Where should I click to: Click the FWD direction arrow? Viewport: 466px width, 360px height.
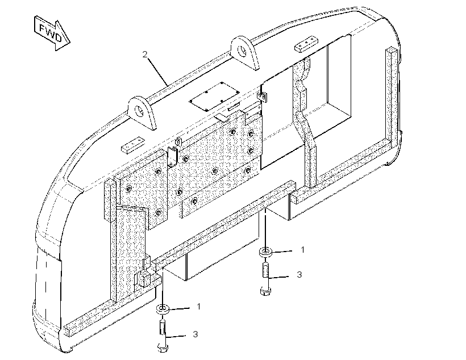(x=52, y=34)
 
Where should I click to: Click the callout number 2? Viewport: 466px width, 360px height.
(x=145, y=55)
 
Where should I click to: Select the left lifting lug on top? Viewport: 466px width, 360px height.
(x=142, y=112)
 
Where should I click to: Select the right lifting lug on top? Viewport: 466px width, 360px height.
(x=246, y=53)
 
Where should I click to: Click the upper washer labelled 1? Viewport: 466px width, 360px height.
(x=265, y=252)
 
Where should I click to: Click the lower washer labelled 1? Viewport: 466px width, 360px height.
(x=163, y=309)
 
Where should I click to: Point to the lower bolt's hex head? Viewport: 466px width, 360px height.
(x=163, y=348)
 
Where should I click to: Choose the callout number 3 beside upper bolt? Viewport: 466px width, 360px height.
(x=299, y=274)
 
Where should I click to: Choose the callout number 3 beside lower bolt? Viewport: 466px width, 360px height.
(x=195, y=334)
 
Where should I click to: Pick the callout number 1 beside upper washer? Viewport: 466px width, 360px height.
(x=302, y=250)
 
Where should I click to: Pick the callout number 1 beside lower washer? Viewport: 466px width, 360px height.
(x=198, y=306)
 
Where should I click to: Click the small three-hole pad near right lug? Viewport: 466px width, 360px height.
(x=306, y=44)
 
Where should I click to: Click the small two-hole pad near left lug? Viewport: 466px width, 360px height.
(x=132, y=145)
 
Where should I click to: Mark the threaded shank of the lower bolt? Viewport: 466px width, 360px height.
(x=163, y=328)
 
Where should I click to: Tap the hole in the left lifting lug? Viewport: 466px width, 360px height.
(x=139, y=111)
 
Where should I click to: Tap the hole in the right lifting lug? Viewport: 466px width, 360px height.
(x=242, y=51)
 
